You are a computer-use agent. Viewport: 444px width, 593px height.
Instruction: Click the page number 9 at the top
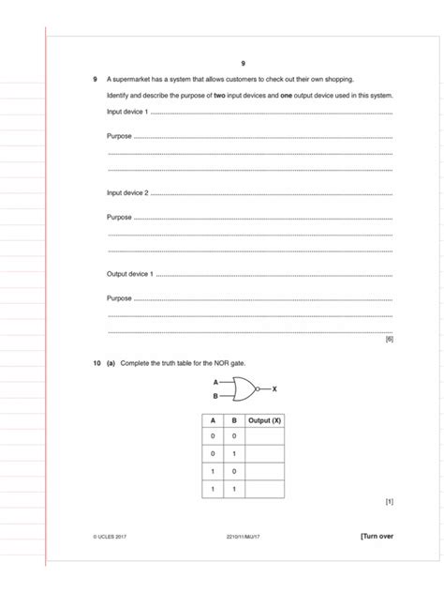[243, 63]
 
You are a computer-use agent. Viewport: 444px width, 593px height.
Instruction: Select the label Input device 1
[127, 113]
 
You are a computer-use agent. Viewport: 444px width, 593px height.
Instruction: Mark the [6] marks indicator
[389, 339]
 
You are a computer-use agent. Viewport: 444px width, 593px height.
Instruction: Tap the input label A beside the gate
[215, 382]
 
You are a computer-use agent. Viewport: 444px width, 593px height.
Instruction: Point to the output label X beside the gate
[274, 388]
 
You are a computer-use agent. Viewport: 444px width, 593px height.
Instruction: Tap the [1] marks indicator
[389, 501]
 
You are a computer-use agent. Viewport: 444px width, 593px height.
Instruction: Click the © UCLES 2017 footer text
[111, 537]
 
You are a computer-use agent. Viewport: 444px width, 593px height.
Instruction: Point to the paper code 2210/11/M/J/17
[243, 537]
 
